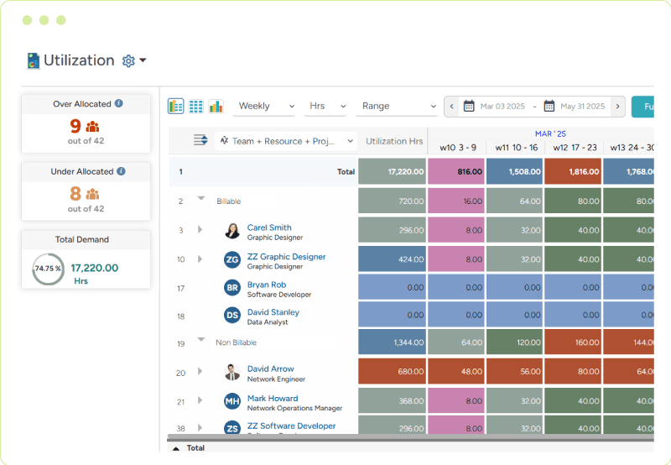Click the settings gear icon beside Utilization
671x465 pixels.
pos(128,60)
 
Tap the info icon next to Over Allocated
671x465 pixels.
pos(119,104)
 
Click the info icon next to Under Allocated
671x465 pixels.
pos(121,171)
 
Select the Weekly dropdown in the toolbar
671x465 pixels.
pos(265,107)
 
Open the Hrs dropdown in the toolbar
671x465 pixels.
pos(326,107)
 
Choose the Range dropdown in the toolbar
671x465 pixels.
pos(398,107)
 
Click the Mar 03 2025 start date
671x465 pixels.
pos(502,107)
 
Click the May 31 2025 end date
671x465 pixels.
pos(582,107)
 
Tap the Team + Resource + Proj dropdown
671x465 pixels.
pos(286,141)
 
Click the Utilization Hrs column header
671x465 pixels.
pos(394,142)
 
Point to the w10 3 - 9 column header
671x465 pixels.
pos(457,148)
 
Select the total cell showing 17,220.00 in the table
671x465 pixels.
pos(393,171)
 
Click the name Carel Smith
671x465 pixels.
pos(269,227)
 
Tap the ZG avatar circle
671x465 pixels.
pos(232,260)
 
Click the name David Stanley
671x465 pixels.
pos(273,312)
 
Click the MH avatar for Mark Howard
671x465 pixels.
pos(232,402)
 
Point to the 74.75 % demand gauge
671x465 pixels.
pos(48,269)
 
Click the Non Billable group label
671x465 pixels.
pos(236,342)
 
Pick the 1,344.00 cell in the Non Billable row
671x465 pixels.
pos(393,342)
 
